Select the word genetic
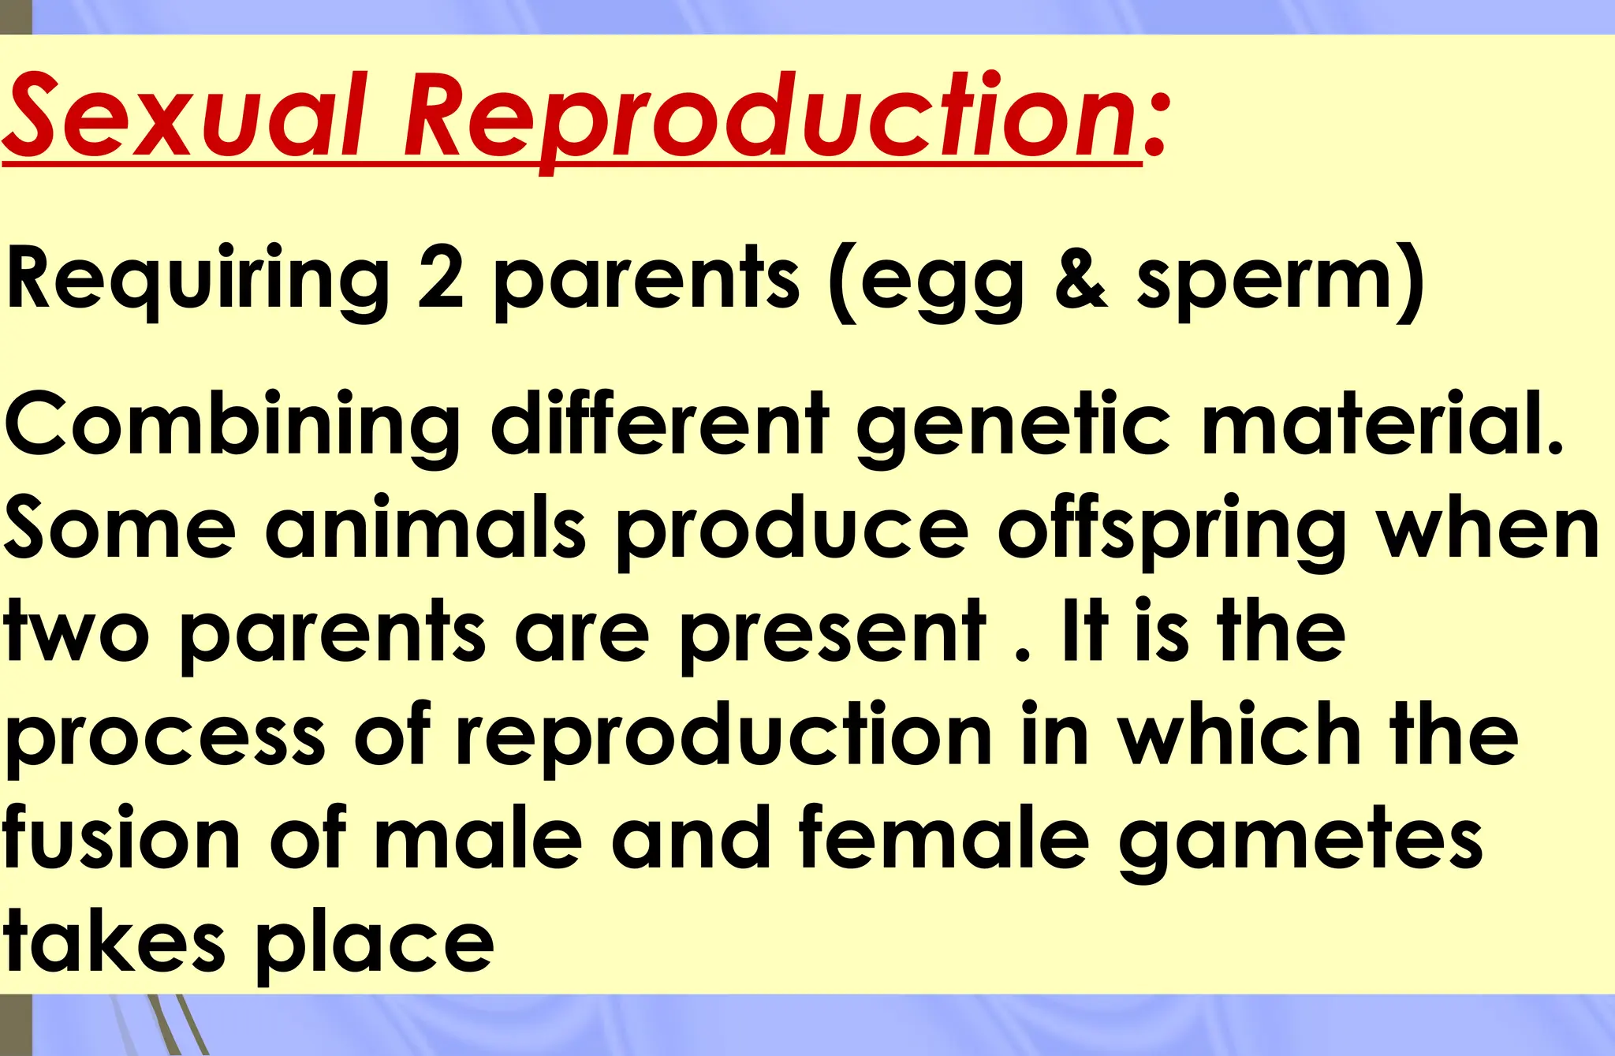(1013, 430)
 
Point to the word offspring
(1171, 532)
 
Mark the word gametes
(1301, 844)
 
